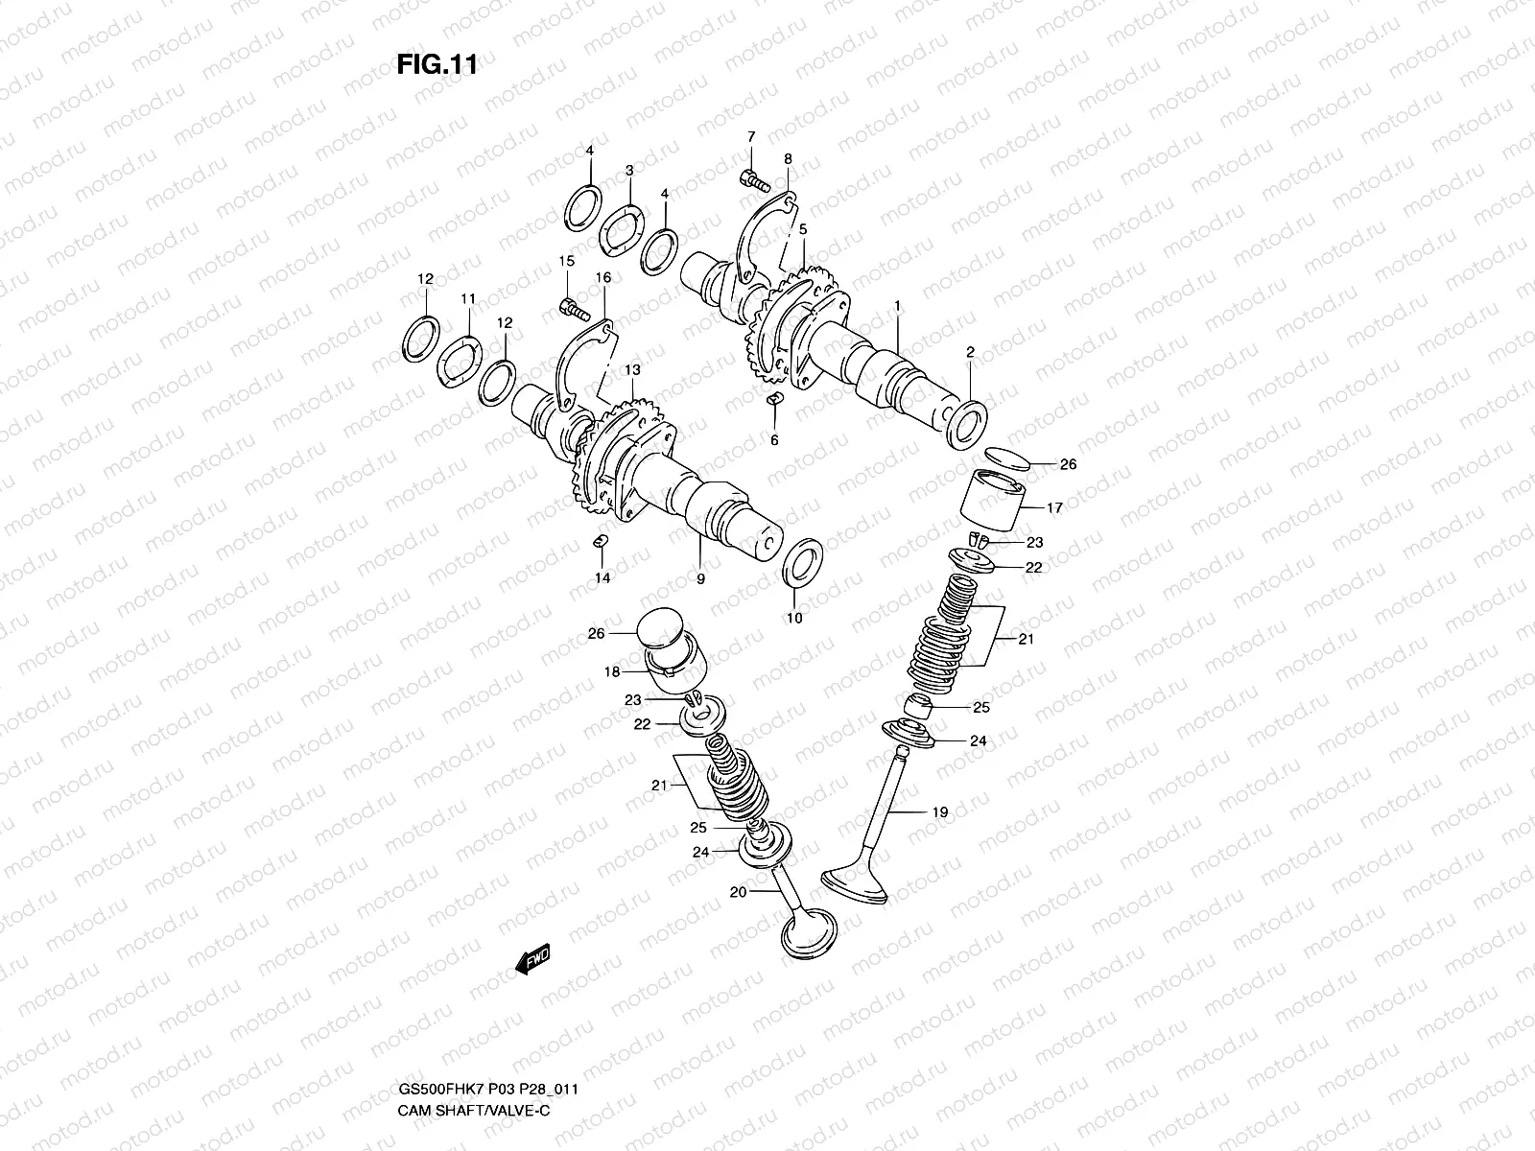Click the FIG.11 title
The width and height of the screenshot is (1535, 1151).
pos(437,65)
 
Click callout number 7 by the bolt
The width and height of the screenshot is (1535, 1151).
pos(751,136)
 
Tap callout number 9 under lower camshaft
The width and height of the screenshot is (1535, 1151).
pos(700,579)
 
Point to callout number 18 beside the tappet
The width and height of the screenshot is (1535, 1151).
pos(612,672)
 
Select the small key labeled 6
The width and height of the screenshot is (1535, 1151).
pos(775,399)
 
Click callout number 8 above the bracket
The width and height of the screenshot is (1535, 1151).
pos(787,159)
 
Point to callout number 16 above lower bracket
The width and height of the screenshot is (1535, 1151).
pos(602,278)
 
